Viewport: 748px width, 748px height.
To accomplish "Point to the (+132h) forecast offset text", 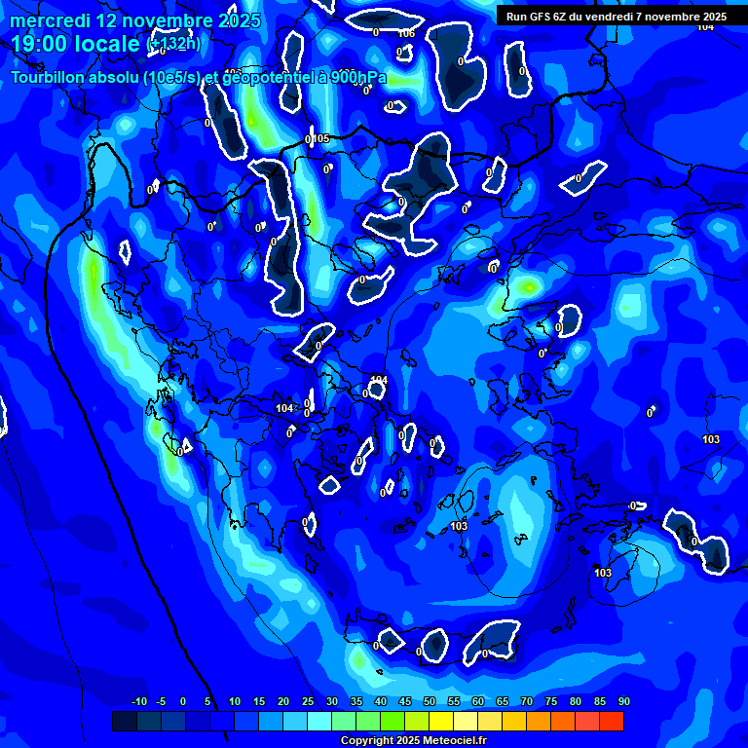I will point(173,44).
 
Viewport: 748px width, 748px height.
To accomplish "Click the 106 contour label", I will point(407,33).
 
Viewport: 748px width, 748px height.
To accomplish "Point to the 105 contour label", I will point(321,139).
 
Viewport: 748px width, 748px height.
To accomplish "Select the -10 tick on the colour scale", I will point(138,701).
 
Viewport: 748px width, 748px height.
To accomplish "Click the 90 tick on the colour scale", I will point(623,701).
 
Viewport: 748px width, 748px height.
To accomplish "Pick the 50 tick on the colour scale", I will point(429,701).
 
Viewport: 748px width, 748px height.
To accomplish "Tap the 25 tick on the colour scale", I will point(307,701).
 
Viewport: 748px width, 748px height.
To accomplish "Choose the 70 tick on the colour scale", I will point(526,701).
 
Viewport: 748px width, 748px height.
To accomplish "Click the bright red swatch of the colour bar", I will point(611,721).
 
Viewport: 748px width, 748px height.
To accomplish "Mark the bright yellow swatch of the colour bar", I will point(440,721).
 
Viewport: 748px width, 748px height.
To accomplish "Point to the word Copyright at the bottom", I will point(366,741).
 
